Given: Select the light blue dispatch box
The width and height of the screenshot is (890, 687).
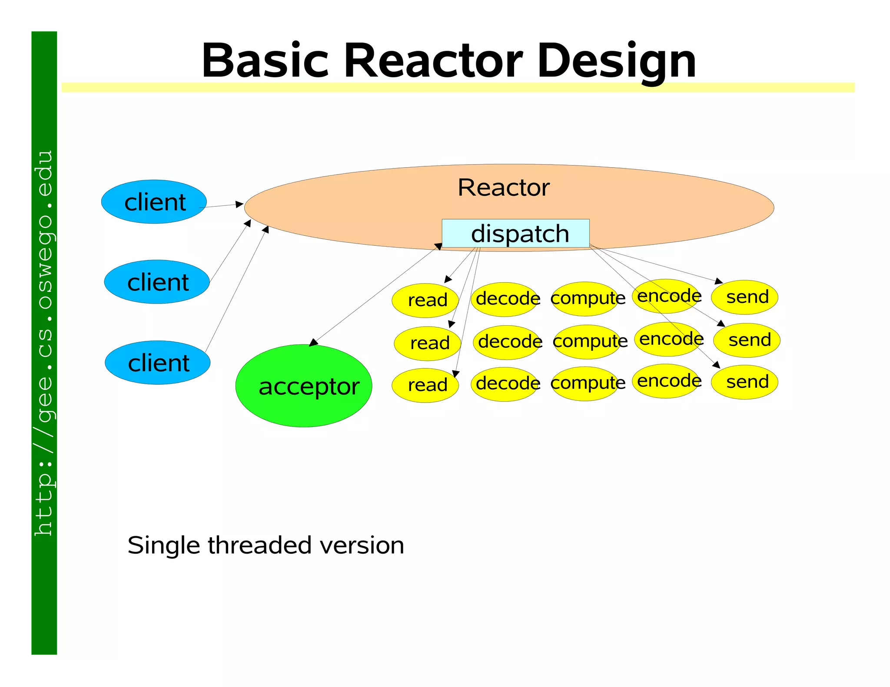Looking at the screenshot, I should point(515,234).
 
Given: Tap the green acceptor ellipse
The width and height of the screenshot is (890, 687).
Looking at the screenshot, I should point(304,386).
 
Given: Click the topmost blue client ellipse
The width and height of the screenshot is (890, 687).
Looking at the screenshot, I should point(154,202).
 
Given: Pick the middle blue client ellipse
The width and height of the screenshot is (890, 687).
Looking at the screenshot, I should point(157,282).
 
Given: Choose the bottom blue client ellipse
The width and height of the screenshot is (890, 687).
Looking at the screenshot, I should point(158,363).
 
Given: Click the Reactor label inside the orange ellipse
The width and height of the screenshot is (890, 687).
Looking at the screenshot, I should point(503,188).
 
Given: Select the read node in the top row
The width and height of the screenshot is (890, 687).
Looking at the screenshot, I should point(425,300).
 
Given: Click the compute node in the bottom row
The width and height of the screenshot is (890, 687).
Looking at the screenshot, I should point(585,383).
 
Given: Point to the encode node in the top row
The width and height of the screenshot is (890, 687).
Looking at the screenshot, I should point(666,296).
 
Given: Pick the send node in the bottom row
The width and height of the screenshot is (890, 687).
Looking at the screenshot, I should point(744,382).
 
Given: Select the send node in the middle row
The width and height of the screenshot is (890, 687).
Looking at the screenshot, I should point(747,340).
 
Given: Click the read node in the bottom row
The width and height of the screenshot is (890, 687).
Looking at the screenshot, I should point(425,385).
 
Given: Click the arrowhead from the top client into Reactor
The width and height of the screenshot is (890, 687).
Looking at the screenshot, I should point(239,204).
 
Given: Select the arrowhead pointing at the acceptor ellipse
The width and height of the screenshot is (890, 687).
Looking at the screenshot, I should point(313,343).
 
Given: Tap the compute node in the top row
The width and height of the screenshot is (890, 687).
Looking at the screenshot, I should point(585,298).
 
